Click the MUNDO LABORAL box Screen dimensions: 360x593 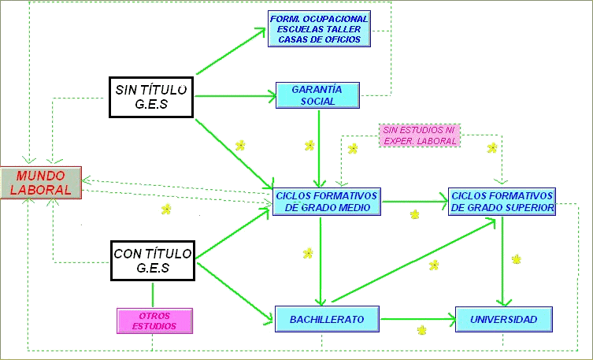pos(41,182)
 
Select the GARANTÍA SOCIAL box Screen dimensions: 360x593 pos(318,95)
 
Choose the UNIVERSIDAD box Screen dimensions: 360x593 pos(503,320)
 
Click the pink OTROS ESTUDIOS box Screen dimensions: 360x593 pos(154,320)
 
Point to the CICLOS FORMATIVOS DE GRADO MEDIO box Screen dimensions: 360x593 pos(326,202)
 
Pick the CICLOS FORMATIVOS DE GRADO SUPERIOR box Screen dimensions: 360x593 pos(502,202)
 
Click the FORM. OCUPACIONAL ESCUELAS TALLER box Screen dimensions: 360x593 pos(319,29)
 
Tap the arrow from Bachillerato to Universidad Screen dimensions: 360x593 pos(417,319)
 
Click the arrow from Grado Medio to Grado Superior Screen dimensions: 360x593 pos(413,202)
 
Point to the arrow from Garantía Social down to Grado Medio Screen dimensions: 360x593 pos(318,146)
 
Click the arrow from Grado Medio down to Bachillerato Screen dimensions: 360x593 pos(320,260)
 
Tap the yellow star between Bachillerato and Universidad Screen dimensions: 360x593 pos(422,329)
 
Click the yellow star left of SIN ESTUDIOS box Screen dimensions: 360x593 pos(353,147)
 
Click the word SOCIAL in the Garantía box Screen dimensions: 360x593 pos(318,101)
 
